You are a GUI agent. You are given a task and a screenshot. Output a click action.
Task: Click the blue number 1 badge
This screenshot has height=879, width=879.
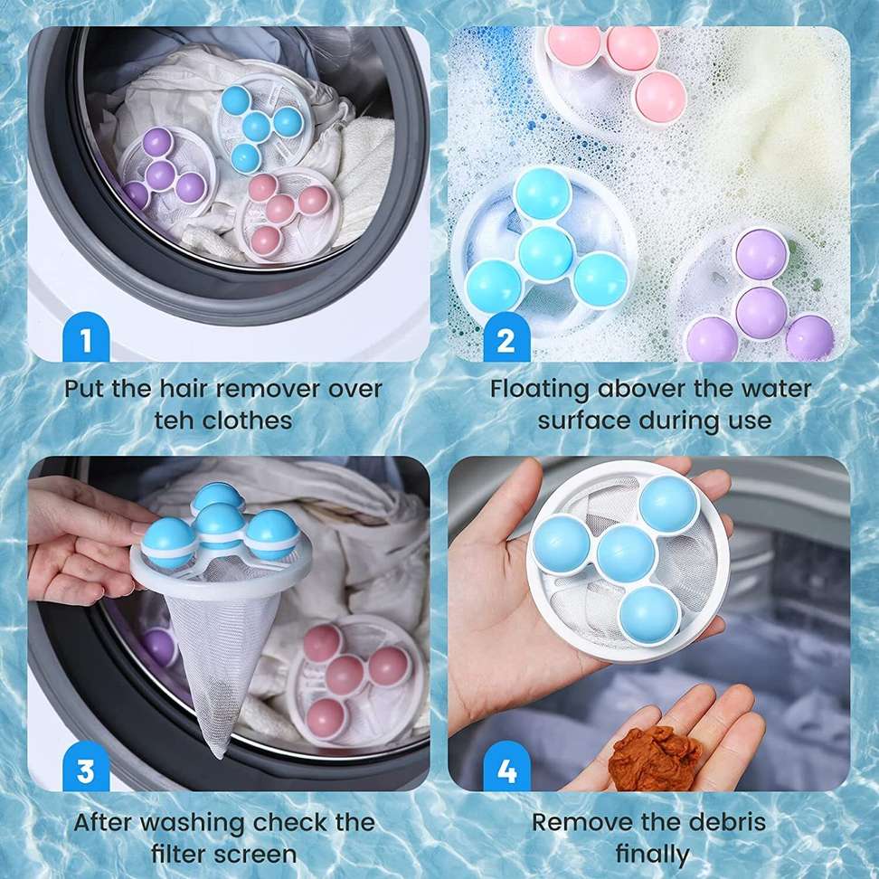(x=86, y=337)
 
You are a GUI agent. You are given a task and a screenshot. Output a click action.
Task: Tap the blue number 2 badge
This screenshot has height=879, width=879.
(x=506, y=337)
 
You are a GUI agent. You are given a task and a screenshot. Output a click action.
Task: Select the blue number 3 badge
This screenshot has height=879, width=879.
(x=86, y=769)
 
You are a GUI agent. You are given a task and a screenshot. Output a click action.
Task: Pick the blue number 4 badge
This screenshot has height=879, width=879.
(x=506, y=769)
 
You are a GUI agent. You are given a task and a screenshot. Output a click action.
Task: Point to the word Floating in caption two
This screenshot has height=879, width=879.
(x=539, y=390)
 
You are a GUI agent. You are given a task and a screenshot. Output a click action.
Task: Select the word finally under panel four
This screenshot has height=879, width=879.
(x=653, y=855)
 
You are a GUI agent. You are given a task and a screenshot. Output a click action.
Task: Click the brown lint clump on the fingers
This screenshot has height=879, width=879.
(x=655, y=757)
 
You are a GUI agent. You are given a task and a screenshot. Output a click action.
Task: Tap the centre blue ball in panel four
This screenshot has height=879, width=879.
(x=626, y=553)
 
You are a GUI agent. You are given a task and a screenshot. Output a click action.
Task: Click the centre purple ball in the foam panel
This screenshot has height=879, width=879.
(x=761, y=312)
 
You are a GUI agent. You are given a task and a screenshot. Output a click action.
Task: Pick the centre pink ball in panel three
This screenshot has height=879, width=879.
(x=345, y=674)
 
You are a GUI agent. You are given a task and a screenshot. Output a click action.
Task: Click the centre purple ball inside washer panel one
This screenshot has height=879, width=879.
(x=161, y=175)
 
